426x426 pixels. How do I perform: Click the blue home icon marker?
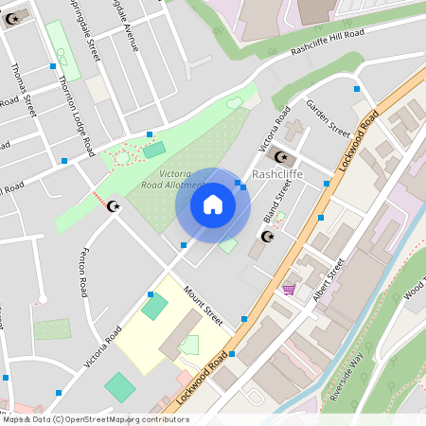[x=213, y=204]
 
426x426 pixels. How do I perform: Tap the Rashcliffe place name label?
[x=278, y=175]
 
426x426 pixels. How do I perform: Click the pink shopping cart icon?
[x=289, y=289]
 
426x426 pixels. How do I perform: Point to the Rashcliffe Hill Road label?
[x=328, y=41]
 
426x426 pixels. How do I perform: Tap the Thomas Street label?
[x=21, y=89]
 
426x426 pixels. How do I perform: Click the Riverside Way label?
[x=346, y=378]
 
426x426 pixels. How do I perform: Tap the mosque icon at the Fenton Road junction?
[x=115, y=205]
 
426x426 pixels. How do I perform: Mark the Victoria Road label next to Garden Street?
[x=274, y=131]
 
